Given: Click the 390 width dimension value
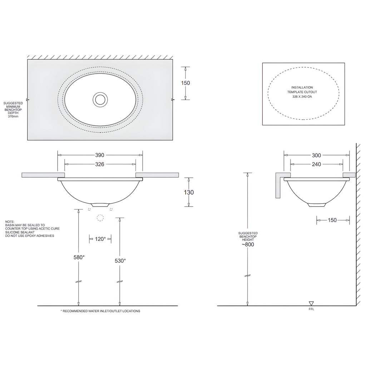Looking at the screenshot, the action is [100, 155].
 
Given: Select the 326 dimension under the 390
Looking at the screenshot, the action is [100, 164].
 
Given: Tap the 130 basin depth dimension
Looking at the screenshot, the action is [189, 192].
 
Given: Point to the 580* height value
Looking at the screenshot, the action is [79, 257].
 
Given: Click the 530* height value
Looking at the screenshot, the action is [120, 261].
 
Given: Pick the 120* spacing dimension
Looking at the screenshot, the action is [100, 239].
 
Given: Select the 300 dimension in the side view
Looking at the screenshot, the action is [316, 155].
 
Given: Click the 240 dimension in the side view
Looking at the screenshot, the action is [316, 164].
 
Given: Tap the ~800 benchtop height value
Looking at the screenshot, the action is [248, 244].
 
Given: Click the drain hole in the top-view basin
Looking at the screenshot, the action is [100, 99].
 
